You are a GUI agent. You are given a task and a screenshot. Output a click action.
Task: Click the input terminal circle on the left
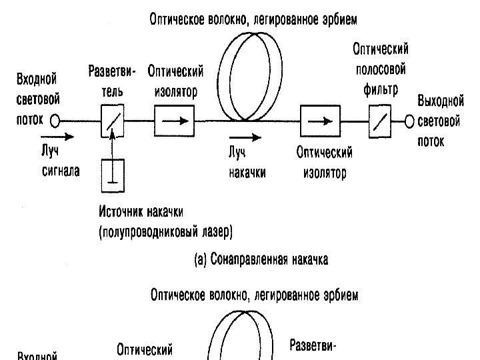[x=54, y=121]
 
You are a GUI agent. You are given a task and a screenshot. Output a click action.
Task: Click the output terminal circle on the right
[x=410, y=121]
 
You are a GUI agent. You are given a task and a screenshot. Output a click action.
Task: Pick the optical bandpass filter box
[x=380, y=122]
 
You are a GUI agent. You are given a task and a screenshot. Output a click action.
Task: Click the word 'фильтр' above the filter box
[x=381, y=89]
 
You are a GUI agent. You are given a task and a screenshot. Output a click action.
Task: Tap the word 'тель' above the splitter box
[x=112, y=90]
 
